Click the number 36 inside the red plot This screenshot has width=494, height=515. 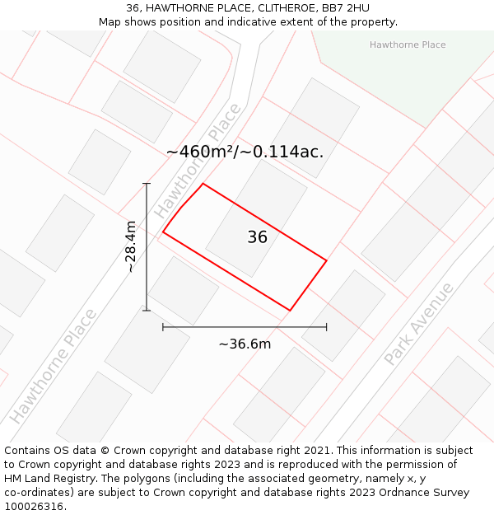(257, 237)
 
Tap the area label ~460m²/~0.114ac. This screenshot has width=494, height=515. (245, 152)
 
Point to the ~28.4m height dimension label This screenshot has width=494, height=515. (131, 246)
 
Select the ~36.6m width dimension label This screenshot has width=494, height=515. (245, 344)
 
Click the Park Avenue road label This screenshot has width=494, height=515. (418, 324)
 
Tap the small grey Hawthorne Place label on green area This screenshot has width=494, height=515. (408, 44)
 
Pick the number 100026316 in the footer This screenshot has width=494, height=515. (35, 506)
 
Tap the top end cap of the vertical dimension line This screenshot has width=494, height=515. (147, 183)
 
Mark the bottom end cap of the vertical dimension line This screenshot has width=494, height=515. (147, 311)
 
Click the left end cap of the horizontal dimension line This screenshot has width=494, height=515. (163, 327)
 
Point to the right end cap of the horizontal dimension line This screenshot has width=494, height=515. (327, 327)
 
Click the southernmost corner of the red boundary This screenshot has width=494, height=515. (290, 311)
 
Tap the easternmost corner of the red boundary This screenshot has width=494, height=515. (327, 260)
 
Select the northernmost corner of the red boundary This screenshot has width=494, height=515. (203, 183)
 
